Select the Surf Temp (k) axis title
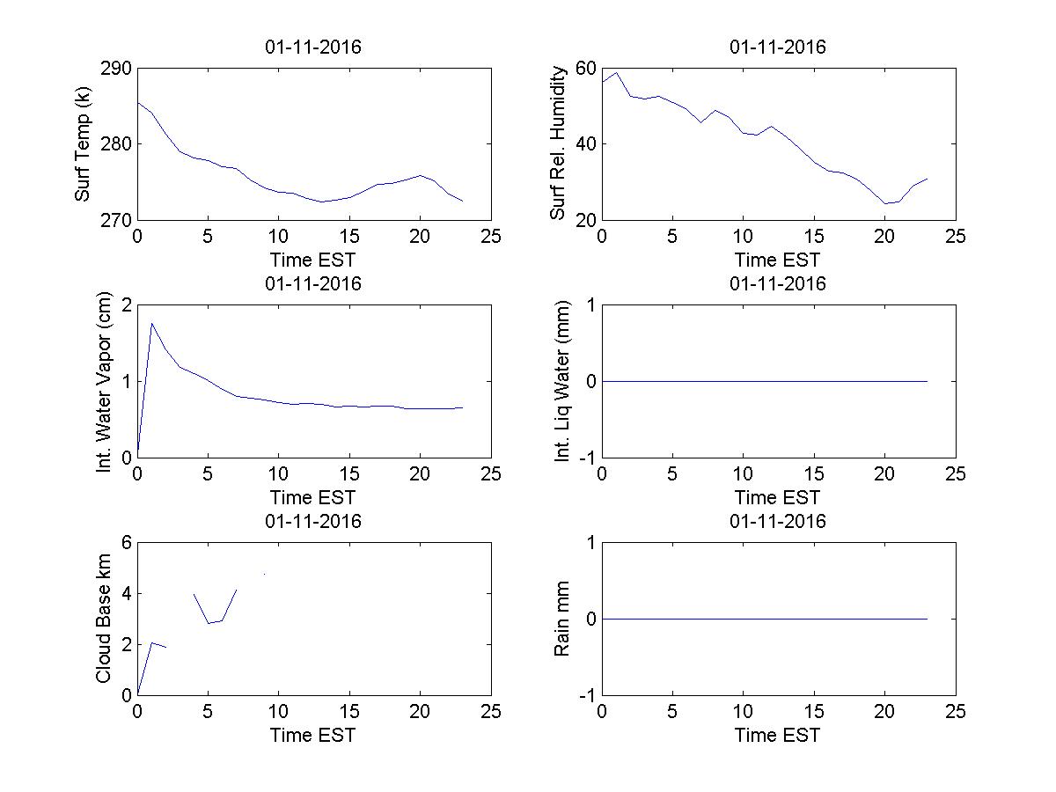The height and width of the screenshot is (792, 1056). click(x=84, y=143)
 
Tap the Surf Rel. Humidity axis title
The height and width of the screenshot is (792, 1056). click(x=557, y=143)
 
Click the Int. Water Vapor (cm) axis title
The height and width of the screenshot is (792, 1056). click(x=105, y=381)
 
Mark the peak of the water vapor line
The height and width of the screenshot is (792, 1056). click(x=152, y=323)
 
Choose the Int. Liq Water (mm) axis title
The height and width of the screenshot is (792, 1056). click(x=564, y=381)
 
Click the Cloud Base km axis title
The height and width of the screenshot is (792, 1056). click(x=104, y=619)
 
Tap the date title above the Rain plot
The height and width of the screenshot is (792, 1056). click(x=778, y=521)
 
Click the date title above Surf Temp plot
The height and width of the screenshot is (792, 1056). click(x=313, y=48)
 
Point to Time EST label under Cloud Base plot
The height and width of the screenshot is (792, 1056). click(x=313, y=735)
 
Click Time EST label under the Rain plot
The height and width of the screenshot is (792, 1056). click(x=778, y=735)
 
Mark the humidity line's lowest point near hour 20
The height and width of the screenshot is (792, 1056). click(x=885, y=203)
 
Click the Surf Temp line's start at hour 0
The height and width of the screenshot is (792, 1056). click(x=138, y=102)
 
